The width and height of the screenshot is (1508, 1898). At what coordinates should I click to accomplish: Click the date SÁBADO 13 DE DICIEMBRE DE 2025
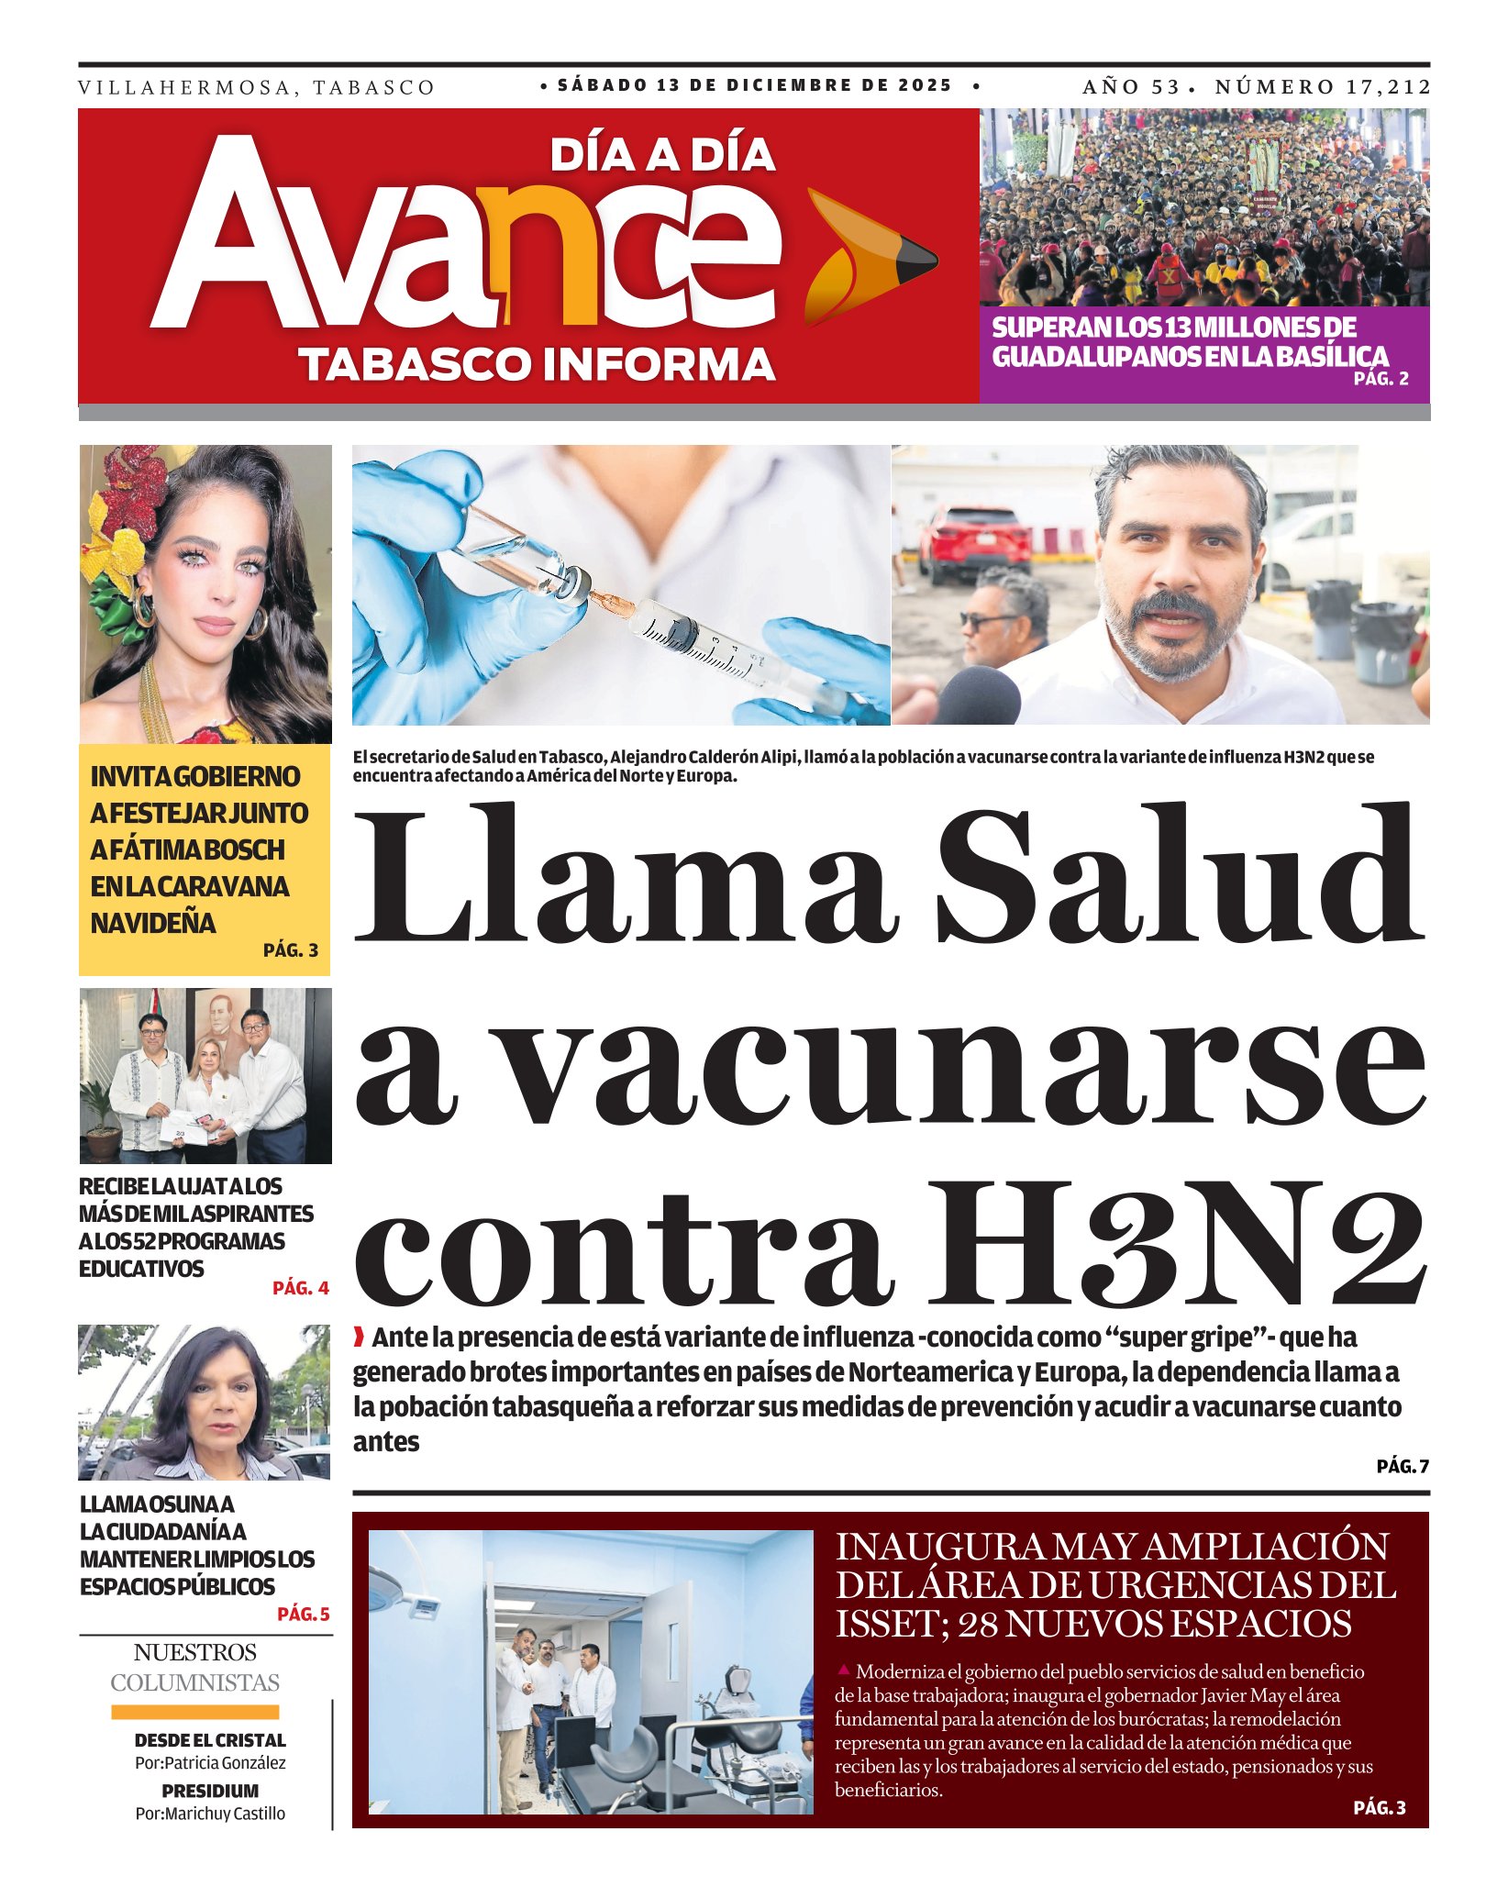point(755,85)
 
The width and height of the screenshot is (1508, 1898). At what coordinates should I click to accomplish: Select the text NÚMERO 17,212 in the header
point(1322,87)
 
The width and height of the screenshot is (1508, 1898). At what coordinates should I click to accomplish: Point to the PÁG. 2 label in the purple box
point(1380,378)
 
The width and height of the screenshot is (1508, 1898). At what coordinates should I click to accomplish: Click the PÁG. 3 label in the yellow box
point(291,950)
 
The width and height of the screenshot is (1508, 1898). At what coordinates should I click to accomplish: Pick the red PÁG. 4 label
point(300,1288)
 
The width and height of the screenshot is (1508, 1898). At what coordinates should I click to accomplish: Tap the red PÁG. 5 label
point(303,1614)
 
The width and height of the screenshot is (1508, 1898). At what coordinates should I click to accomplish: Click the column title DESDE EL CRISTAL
point(210,1740)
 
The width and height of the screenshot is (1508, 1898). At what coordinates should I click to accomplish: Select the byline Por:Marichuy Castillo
point(210,1814)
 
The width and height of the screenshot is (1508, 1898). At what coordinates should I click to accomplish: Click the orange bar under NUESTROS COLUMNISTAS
point(194,1712)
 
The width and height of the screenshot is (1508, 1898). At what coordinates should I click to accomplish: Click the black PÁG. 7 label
point(1402,1467)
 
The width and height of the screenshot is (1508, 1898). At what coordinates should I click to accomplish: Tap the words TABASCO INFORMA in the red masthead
point(538,364)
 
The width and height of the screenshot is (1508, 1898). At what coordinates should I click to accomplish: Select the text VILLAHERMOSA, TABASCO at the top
point(257,88)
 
